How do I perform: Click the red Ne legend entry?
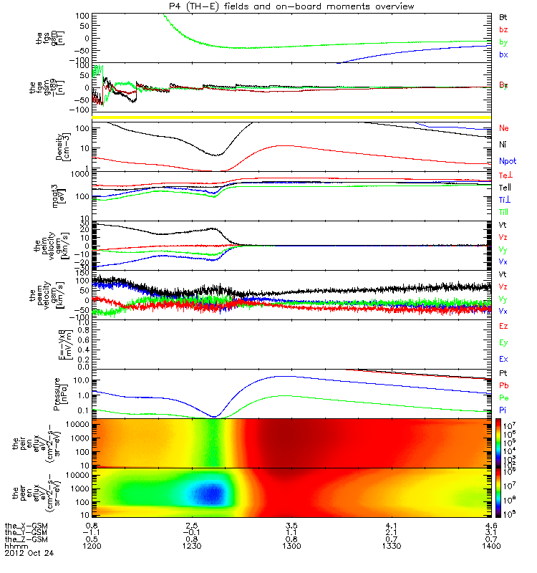coord(504,128)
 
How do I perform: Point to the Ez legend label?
coord(503,326)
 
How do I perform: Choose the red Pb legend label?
coord(503,386)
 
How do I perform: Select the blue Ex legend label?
coord(503,359)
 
